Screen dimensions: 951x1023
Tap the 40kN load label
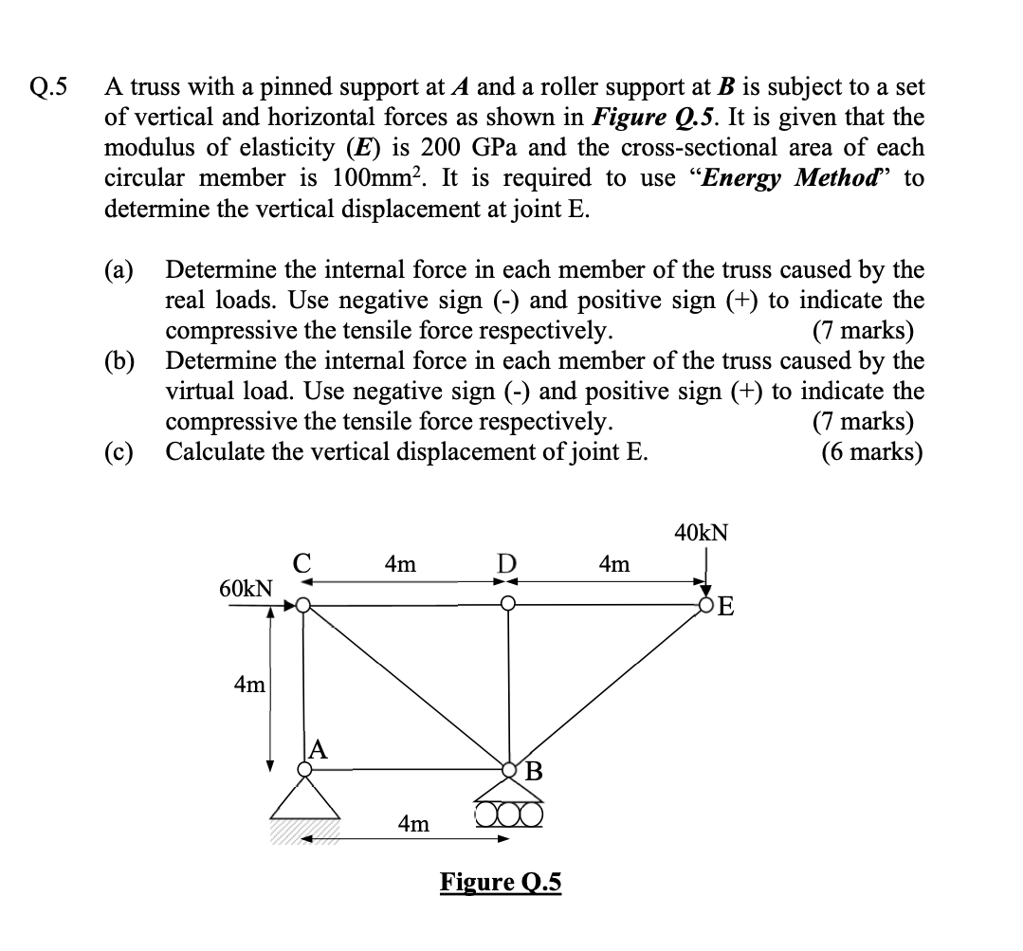(702, 532)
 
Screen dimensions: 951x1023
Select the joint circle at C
(303, 605)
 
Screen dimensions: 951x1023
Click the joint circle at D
(508, 604)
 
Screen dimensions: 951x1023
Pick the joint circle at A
(304, 770)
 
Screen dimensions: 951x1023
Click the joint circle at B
(510, 769)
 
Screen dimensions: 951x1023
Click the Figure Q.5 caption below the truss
(501, 883)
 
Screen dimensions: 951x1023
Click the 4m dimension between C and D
(400, 564)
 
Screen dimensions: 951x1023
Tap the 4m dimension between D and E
(613, 564)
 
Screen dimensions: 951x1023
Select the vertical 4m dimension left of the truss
(249, 683)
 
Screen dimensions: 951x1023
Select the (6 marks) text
(872, 451)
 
